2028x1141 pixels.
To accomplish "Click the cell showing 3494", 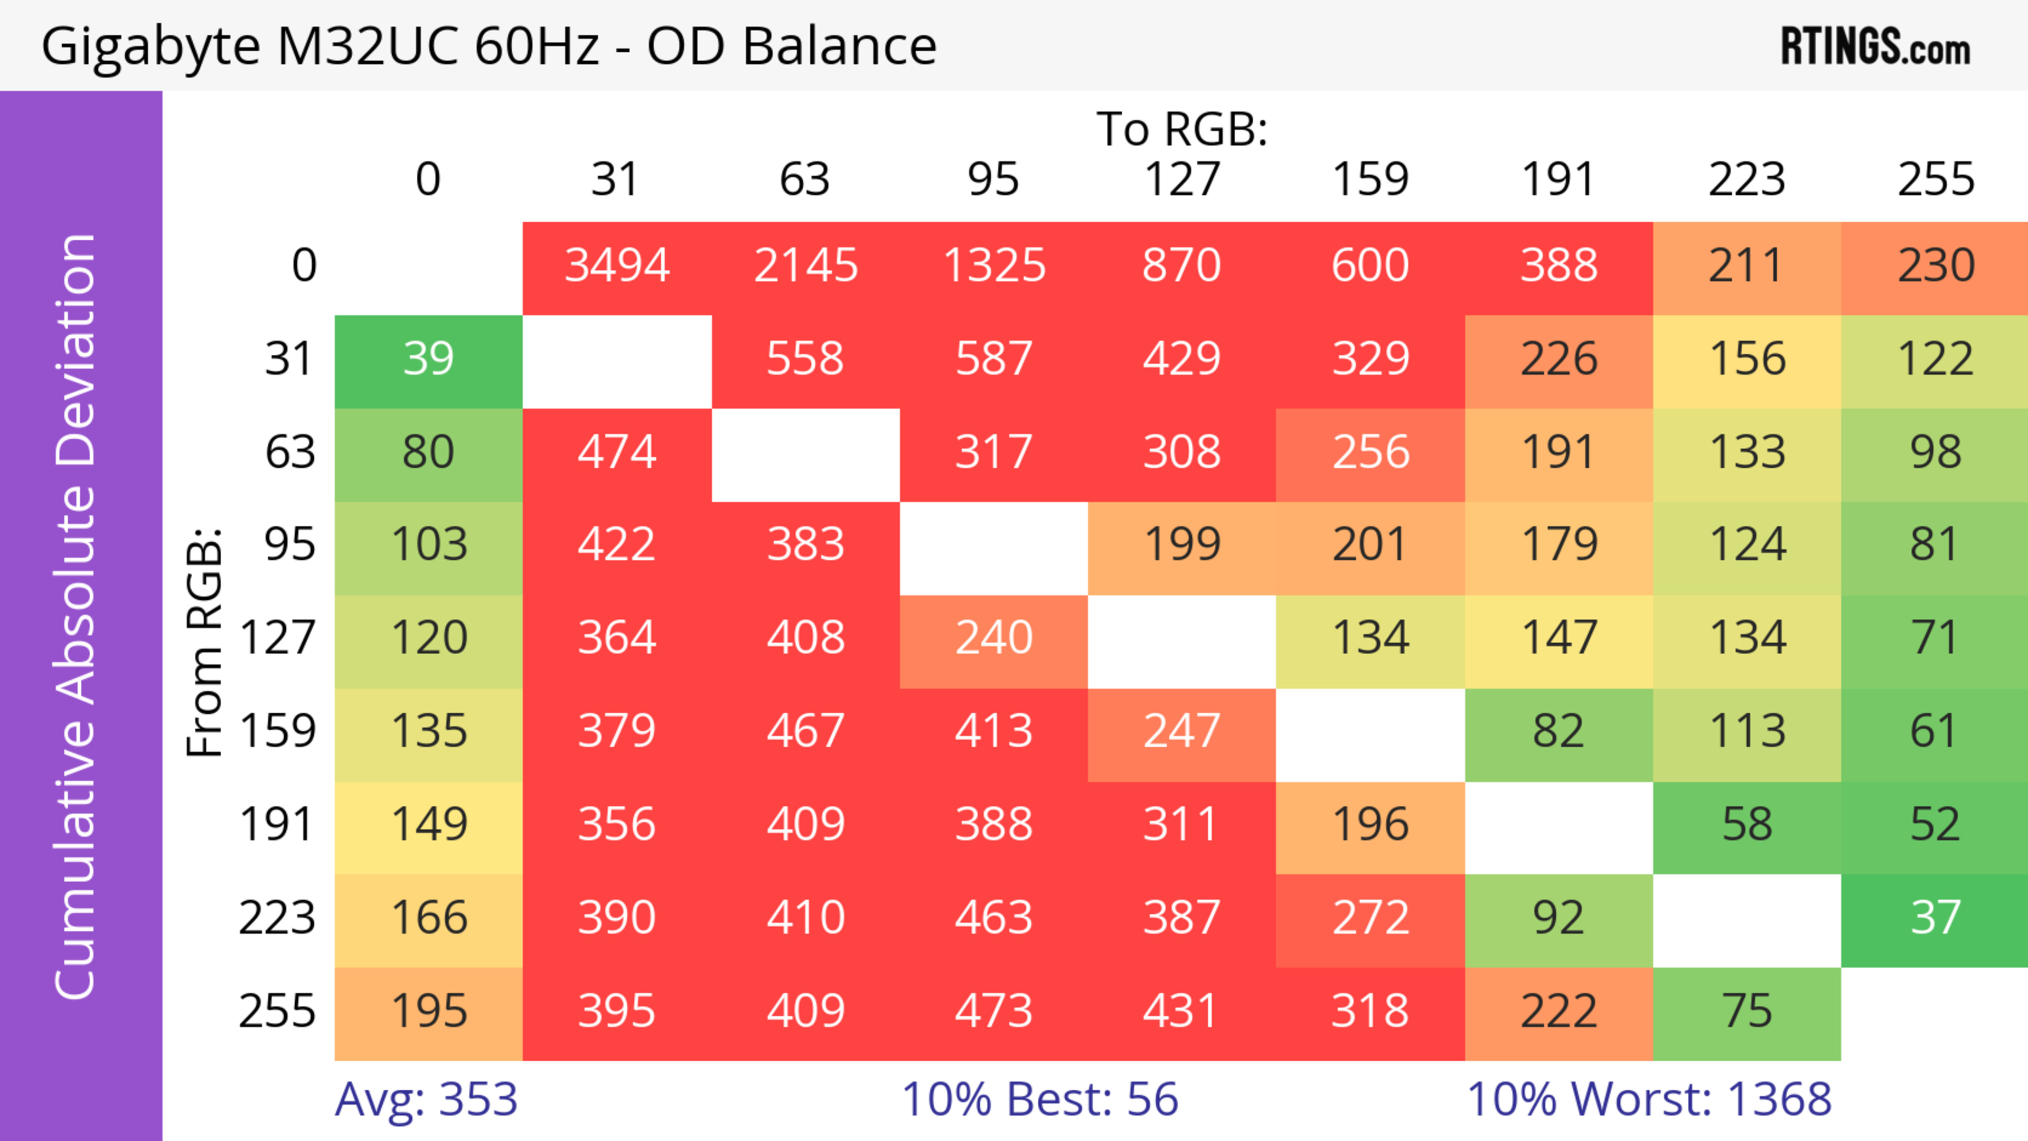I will click(617, 266).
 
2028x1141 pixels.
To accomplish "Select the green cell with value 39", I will click(428, 360).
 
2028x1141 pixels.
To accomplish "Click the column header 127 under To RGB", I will click(1182, 180).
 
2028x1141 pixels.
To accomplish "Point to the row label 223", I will click(277, 918).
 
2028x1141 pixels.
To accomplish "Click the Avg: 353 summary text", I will click(426, 1099).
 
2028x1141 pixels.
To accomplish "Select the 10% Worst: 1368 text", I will click(1649, 1099).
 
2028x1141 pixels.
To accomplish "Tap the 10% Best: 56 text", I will click(1039, 1099).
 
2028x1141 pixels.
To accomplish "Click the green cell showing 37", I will click(1935, 918).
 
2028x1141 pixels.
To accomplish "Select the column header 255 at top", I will click(1935, 180).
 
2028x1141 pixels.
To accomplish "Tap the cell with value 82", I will click(1558, 732).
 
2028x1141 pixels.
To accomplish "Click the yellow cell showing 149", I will click(428, 825).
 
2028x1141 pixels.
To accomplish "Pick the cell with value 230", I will click(1935, 266).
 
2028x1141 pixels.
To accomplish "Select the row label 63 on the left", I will click(290, 452).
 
